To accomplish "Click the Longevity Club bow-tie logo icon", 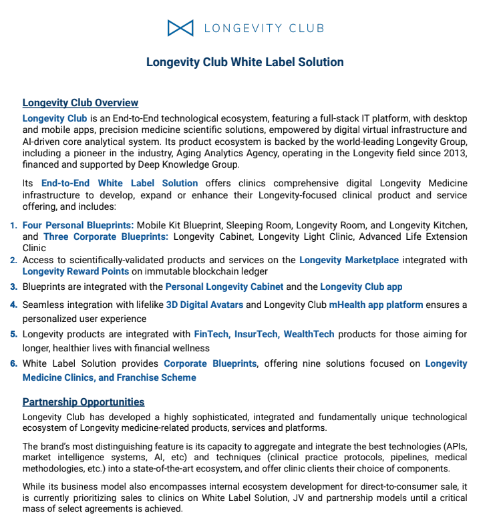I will point(180,28).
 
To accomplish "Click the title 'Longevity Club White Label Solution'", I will point(245,62).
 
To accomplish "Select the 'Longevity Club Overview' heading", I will point(80,103).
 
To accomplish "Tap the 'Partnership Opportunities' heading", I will point(84,402).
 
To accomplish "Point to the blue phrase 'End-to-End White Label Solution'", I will point(120,183).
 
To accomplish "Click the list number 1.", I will point(13,226).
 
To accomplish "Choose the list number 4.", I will point(13,305).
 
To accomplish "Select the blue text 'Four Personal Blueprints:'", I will point(78,225).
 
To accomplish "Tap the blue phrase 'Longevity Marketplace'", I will point(349,260).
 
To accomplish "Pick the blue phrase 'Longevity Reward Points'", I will point(75,271).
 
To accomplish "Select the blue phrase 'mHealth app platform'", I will point(375,305).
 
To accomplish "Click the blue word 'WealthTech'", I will point(309,334).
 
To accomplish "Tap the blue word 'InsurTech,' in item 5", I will point(257,334).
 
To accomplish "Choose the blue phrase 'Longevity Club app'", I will point(361,287).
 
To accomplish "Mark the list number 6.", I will point(13,364).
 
